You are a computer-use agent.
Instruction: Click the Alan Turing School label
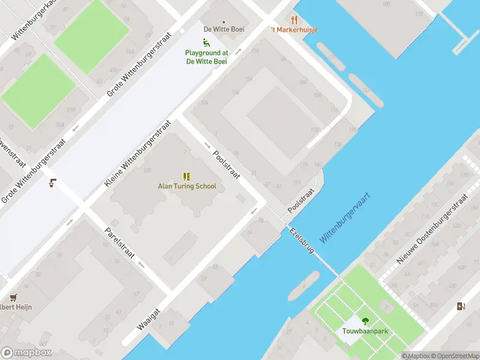187,186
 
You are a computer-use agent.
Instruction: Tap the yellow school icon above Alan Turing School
187,176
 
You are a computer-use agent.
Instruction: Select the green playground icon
206,43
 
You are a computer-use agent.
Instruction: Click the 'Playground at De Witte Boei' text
206,57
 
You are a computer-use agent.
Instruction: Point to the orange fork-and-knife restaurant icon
294,20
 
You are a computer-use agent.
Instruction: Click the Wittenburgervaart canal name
344,218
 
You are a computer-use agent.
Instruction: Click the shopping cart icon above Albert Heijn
13,297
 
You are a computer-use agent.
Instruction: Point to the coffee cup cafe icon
53,183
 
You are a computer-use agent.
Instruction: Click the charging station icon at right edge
460,307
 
